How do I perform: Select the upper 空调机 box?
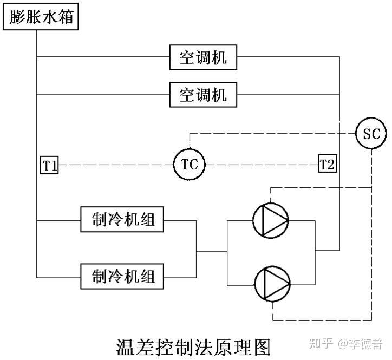(203, 57)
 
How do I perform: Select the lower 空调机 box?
(203, 95)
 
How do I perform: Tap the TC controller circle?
(190, 164)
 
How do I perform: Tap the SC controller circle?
(371, 133)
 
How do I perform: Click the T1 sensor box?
(50, 165)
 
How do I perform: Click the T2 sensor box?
(326, 164)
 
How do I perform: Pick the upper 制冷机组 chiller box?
(122, 220)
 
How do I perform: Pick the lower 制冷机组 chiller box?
(122, 276)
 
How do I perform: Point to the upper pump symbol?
(271, 220)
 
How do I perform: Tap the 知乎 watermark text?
(318, 343)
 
